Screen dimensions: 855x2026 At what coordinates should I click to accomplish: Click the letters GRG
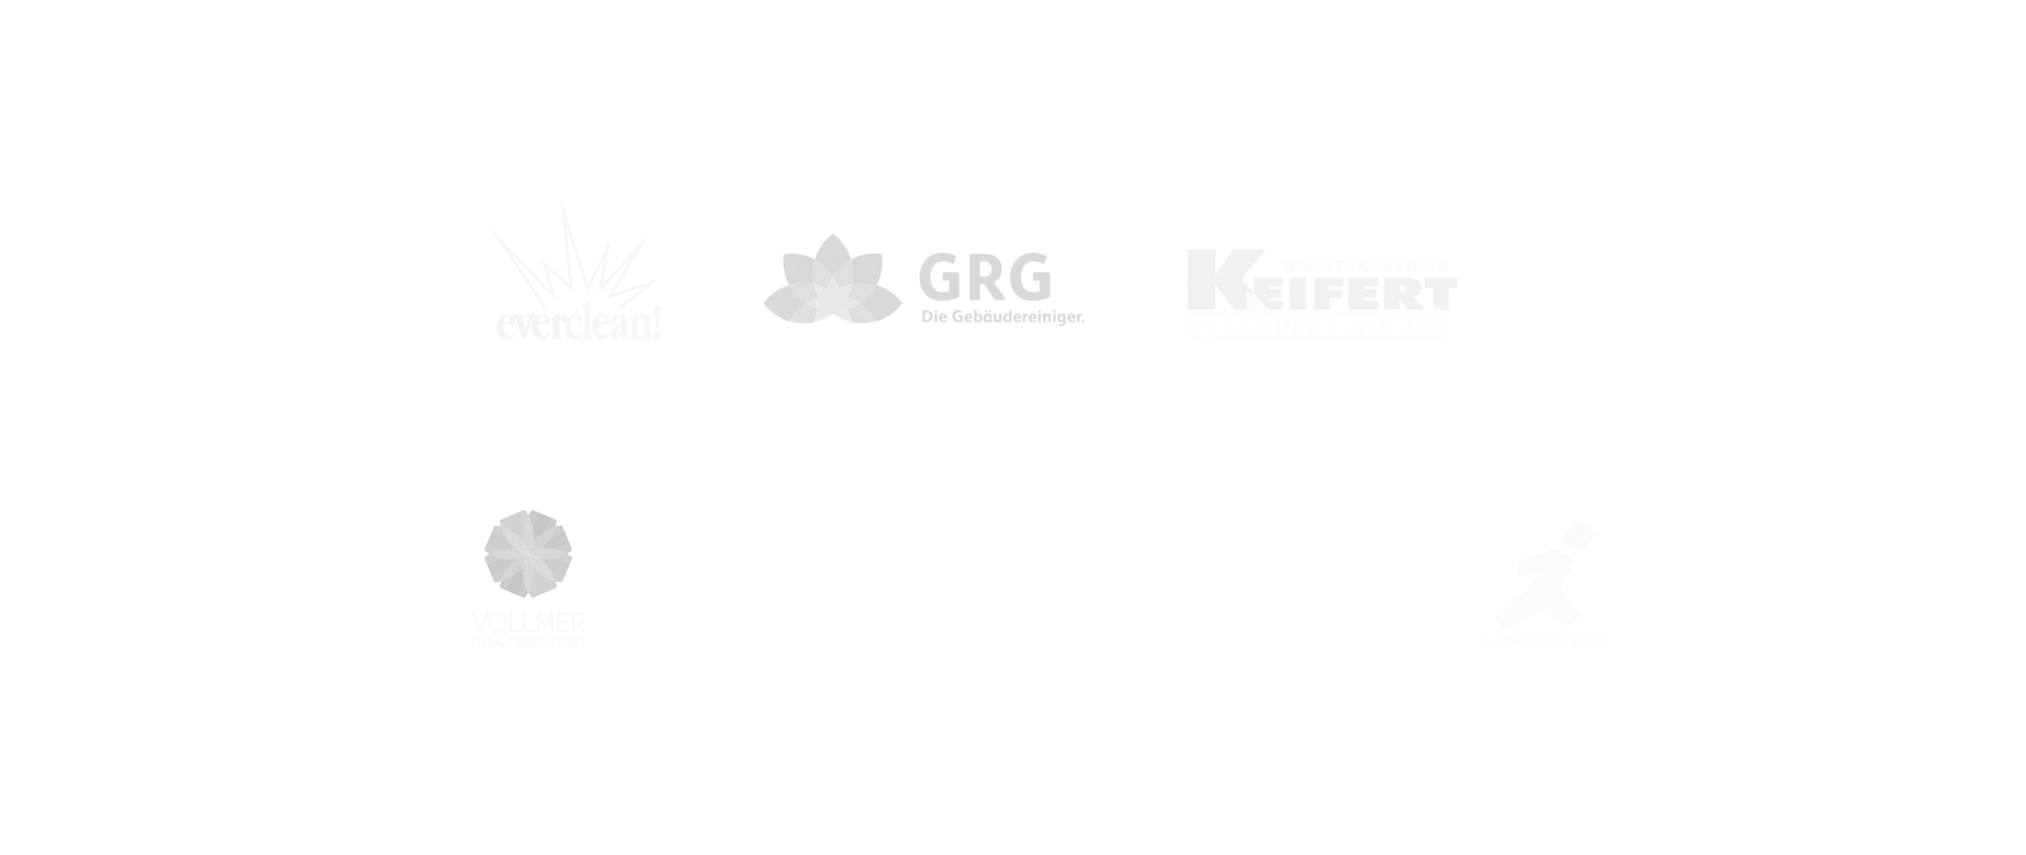point(985,278)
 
